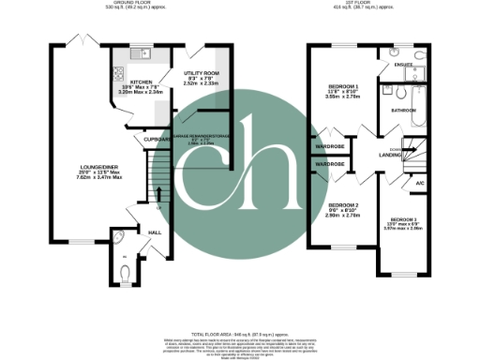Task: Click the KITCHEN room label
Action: (x=127, y=82)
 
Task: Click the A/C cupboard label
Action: (x=420, y=184)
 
